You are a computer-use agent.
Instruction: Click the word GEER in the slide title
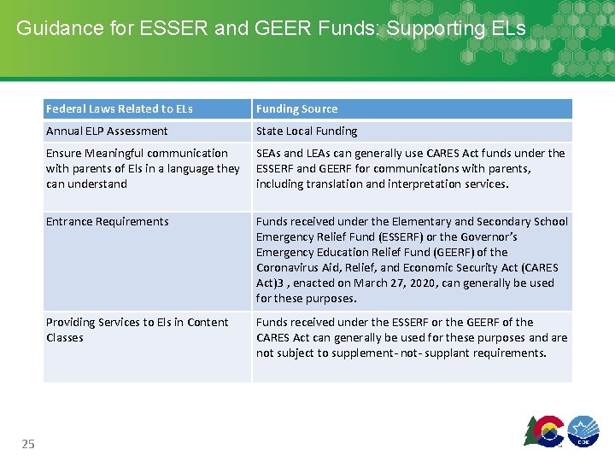tap(280, 28)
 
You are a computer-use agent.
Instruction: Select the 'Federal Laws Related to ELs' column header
tap(120, 108)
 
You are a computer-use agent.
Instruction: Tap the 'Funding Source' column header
tap(296, 108)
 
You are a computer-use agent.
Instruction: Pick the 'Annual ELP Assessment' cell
tap(107, 131)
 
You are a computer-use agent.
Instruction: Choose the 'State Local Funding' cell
tap(307, 131)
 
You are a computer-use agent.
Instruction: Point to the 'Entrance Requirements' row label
tap(108, 221)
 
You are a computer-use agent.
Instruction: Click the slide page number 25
tap(28, 444)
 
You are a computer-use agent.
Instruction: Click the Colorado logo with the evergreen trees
tap(544, 430)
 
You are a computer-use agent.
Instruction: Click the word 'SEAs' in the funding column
tap(270, 153)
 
